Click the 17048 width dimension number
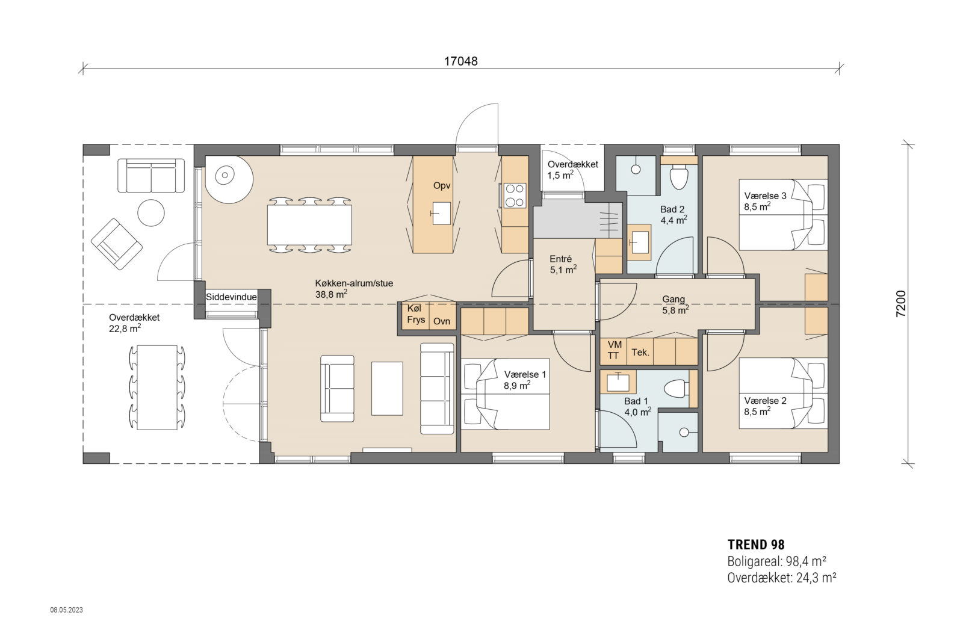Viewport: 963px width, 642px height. [460, 61]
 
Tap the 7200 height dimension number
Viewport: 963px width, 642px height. [900, 304]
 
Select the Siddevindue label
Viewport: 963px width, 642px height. [231, 297]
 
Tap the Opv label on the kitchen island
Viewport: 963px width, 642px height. [442, 185]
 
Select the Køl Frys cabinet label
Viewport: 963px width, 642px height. [416, 314]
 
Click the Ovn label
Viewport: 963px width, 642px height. [442, 321]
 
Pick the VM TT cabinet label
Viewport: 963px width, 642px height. [614, 350]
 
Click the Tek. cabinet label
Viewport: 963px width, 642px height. [640, 353]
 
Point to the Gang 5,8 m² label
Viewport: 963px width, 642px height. [675, 304]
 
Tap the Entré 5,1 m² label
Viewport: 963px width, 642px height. [562, 264]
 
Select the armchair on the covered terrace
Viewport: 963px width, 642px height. [117, 243]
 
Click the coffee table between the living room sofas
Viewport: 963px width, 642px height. [387, 388]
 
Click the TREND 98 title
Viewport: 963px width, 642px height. [755, 545]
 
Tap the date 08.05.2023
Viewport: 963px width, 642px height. [66, 610]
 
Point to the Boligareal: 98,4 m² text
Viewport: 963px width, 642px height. [776, 561]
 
